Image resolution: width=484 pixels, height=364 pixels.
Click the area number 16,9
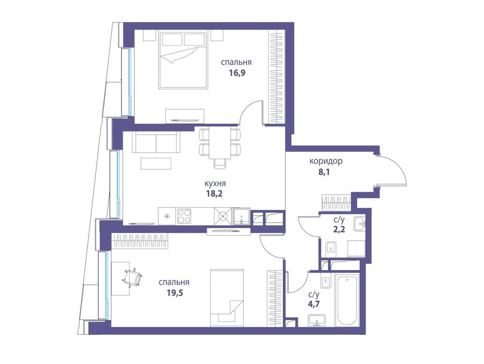(237, 73)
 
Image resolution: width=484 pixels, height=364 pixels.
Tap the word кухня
(215, 183)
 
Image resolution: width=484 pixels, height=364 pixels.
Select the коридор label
(326, 161)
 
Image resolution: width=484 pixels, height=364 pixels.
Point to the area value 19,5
(175, 293)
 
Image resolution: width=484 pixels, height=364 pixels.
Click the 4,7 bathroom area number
(313, 304)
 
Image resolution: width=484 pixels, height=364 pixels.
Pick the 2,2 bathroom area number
(339, 230)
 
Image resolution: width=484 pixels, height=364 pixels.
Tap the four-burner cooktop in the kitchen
(184, 216)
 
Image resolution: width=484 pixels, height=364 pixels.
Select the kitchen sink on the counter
(242, 216)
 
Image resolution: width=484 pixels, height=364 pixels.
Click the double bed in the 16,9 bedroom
(183, 60)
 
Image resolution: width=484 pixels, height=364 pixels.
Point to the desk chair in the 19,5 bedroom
(132, 277)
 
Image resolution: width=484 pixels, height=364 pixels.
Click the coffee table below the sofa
(156, 163)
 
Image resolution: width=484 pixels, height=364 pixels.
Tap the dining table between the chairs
(220, 142)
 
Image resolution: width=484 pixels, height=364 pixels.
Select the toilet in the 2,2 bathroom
(331, 249)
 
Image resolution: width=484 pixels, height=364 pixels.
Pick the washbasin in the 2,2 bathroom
(360, 224)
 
